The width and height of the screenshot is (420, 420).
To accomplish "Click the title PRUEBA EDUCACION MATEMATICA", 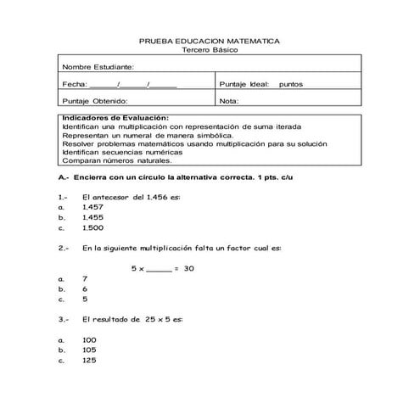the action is point(209,41).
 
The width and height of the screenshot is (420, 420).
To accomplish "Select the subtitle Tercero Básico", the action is point(209,50).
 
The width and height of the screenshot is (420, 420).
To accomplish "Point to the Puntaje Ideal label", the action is point(244,84).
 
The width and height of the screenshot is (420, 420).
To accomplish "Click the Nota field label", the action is point(229,101).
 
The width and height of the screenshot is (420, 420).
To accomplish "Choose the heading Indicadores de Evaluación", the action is point(115,118).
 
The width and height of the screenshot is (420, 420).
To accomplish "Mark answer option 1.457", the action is point(93,207).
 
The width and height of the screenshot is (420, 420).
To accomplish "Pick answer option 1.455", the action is point(93,217).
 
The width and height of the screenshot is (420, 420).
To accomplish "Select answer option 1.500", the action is point(93,228).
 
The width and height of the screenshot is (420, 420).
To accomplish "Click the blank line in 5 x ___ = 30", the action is point(158,270).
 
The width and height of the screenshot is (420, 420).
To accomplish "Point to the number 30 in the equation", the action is point(189,268).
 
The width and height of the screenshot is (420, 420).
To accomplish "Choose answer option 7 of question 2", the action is point(85,278).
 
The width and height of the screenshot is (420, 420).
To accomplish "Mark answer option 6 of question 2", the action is point(85,288).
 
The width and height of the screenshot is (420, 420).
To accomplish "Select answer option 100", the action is point(90,339).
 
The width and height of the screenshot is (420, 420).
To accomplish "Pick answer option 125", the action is point(90,360).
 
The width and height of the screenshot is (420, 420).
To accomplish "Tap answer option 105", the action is point(90,350).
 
